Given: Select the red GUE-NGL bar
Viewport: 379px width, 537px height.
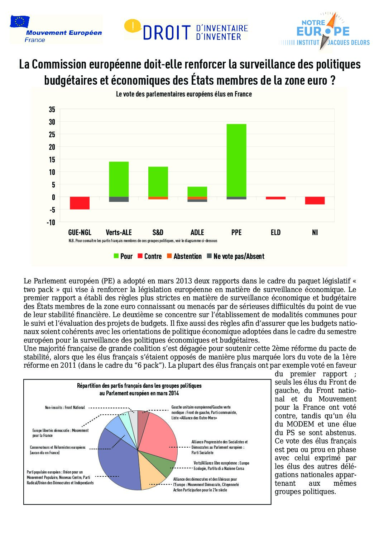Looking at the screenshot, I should pos(80,203).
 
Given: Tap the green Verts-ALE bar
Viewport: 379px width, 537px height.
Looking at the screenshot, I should pos(119,179).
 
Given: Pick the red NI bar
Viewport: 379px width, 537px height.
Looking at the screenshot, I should pos(315,201).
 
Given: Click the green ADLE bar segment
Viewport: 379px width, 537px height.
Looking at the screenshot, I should pos(197,192).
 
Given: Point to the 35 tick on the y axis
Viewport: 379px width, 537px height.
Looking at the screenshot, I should pos(52,109).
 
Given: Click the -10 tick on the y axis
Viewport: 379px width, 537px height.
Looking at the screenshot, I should pos(51,222).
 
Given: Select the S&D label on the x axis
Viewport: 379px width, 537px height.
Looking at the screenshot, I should pos(158,232).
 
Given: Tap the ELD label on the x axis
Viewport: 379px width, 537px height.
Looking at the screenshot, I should pos(275,232).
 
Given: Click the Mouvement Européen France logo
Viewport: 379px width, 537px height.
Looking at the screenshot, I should pos(56,29).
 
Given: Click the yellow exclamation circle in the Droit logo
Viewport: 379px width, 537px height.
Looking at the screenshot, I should pos(133,25).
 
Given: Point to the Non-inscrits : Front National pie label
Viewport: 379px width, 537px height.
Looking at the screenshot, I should pos(65,408).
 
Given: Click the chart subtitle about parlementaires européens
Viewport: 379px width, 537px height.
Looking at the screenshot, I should pos(184,94).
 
